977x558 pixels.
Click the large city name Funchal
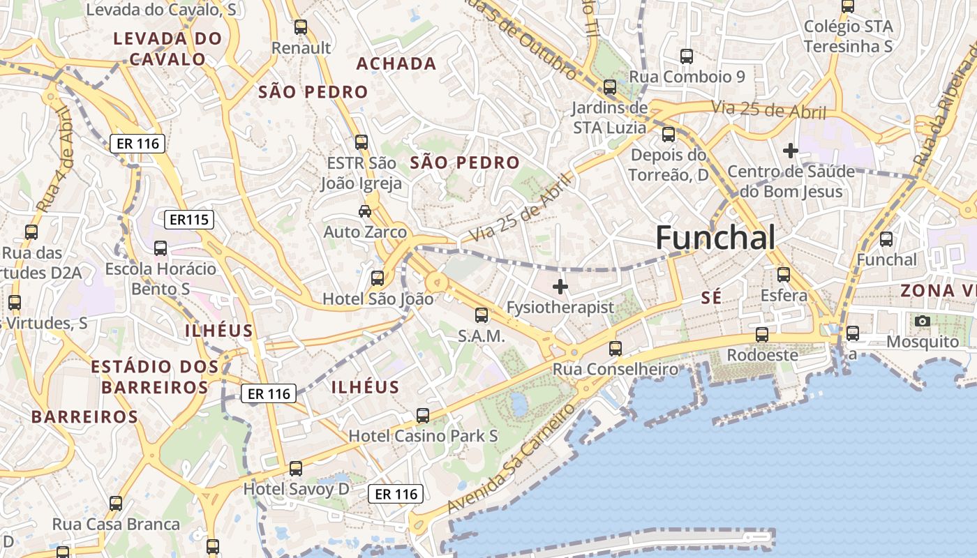(715, 239)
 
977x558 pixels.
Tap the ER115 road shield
(189, 220)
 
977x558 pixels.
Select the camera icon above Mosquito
(923, 321)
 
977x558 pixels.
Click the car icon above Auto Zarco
(364, 211)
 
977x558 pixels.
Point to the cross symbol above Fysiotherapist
(560, 286)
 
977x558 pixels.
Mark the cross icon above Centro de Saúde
(790, 150)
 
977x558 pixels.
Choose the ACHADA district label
(396, 64)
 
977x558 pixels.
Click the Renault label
(301, 48)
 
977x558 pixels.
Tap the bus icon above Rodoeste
(762, 334)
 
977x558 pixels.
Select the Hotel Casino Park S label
(423, 436)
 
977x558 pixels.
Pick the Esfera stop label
(784, 295)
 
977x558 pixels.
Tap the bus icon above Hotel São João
(378, 278)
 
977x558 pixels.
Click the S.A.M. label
(481, 336)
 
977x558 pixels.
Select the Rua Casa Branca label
(116, 524)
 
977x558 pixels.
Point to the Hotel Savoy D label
(296, 489)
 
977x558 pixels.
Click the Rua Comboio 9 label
(687, 77)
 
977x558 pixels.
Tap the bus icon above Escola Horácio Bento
(160, 248)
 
